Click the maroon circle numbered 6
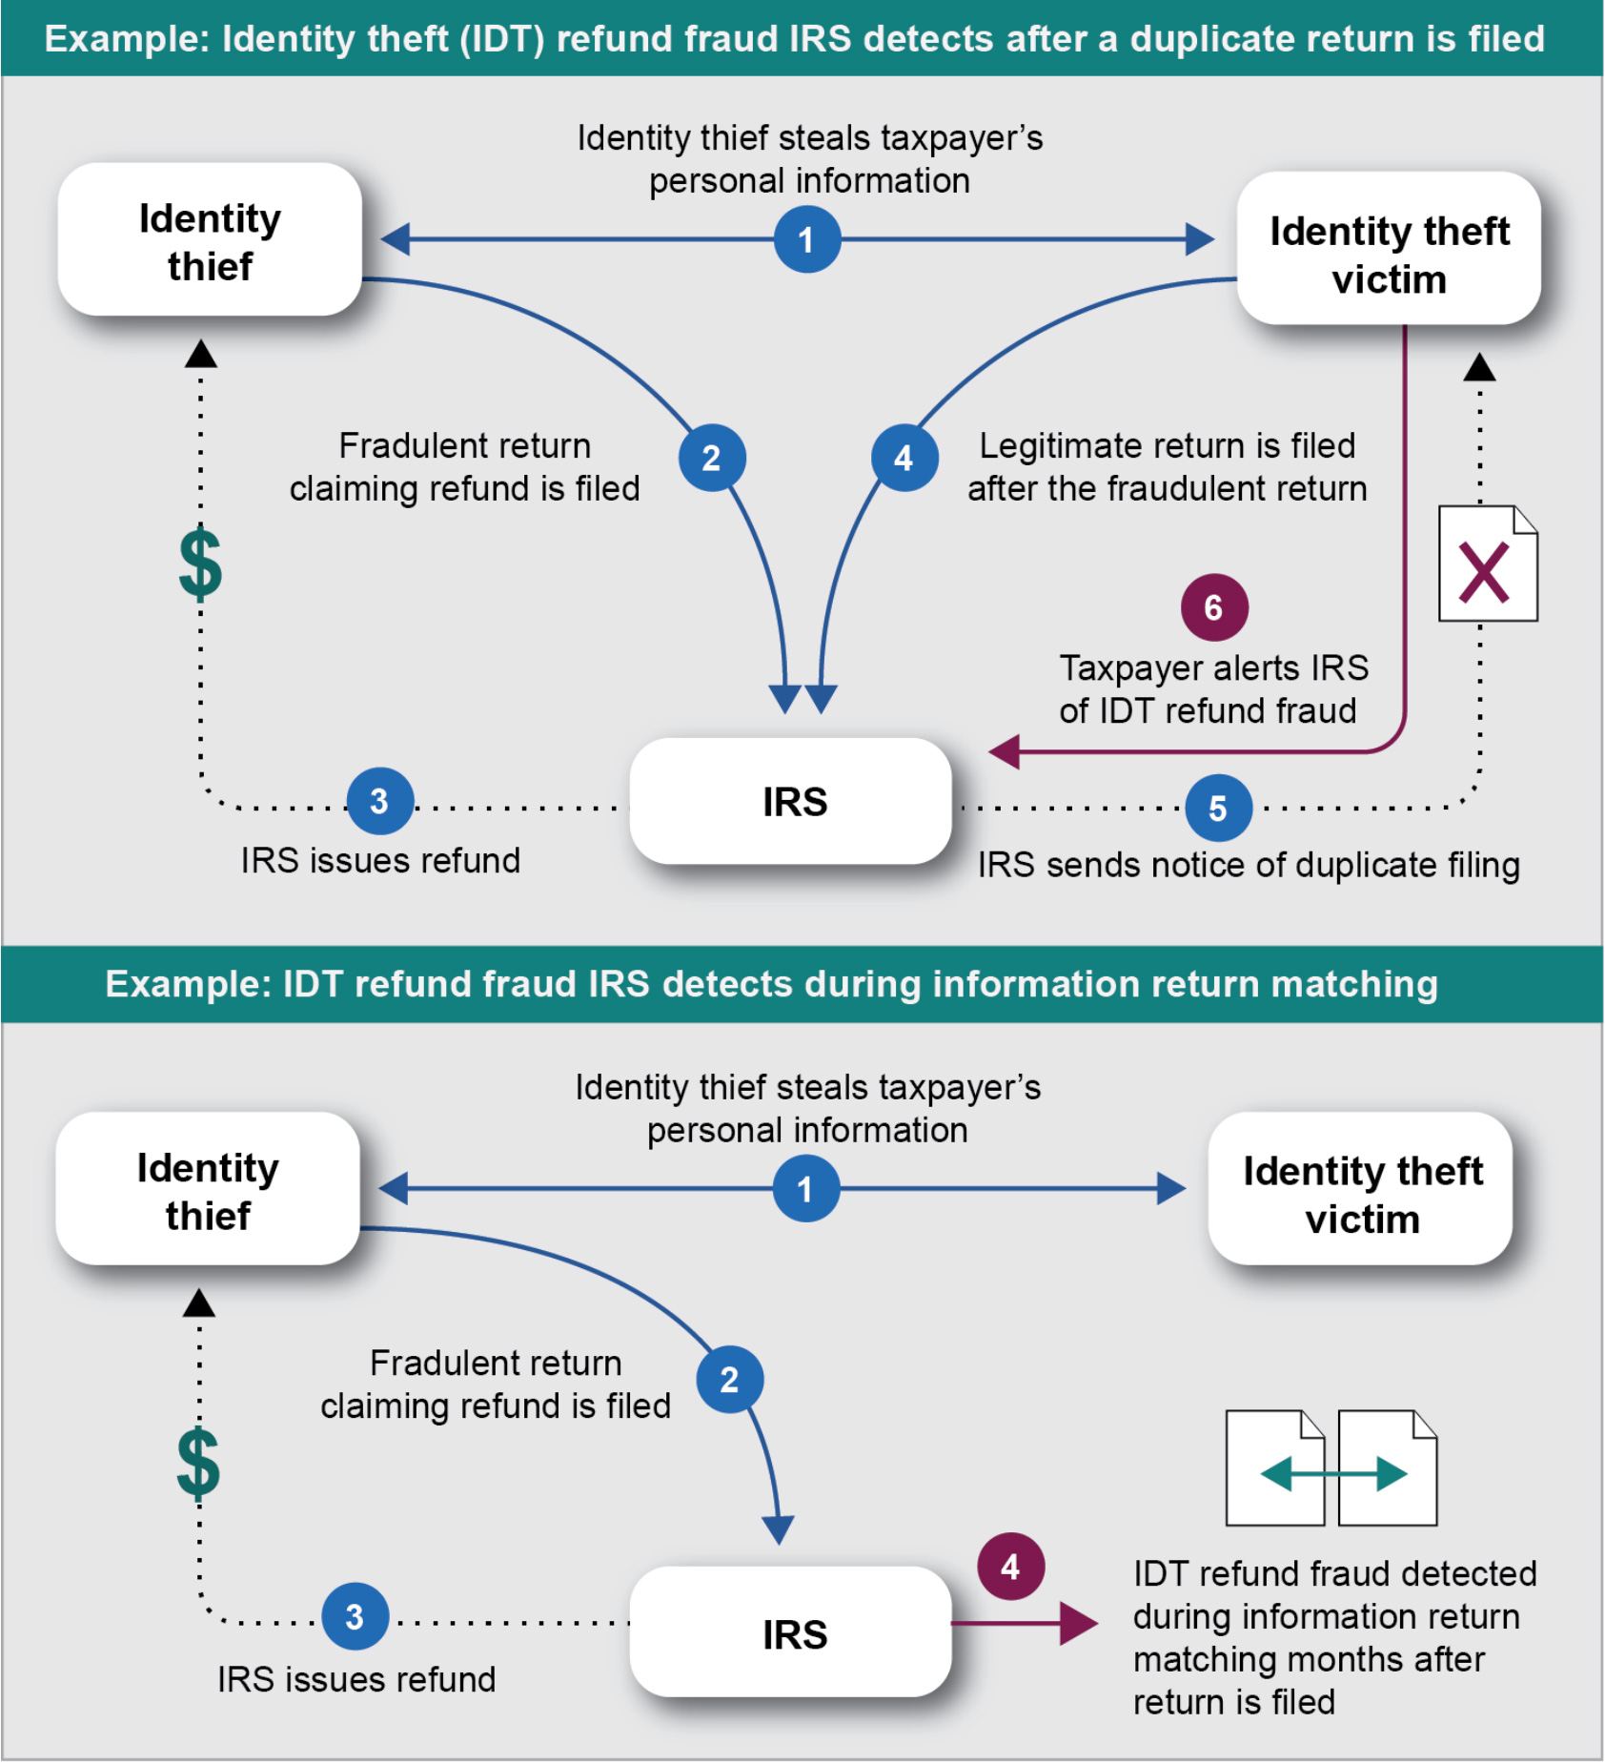(1213, 607)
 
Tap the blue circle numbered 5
(1218, 808)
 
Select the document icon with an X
(1487, 564)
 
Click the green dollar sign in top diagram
(200, 564)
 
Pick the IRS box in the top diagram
(791, 801)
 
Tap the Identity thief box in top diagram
(210, 240)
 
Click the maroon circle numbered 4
(1010, 1566)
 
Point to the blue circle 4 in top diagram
(904, 459)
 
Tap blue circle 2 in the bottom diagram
(729, 1380)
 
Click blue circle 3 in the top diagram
(379, 801)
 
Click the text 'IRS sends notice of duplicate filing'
(1248, 865)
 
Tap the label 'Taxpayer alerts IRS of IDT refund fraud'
(1212, 688)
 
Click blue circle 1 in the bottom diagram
(805, 1189)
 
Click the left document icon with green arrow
(1274, 1468)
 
